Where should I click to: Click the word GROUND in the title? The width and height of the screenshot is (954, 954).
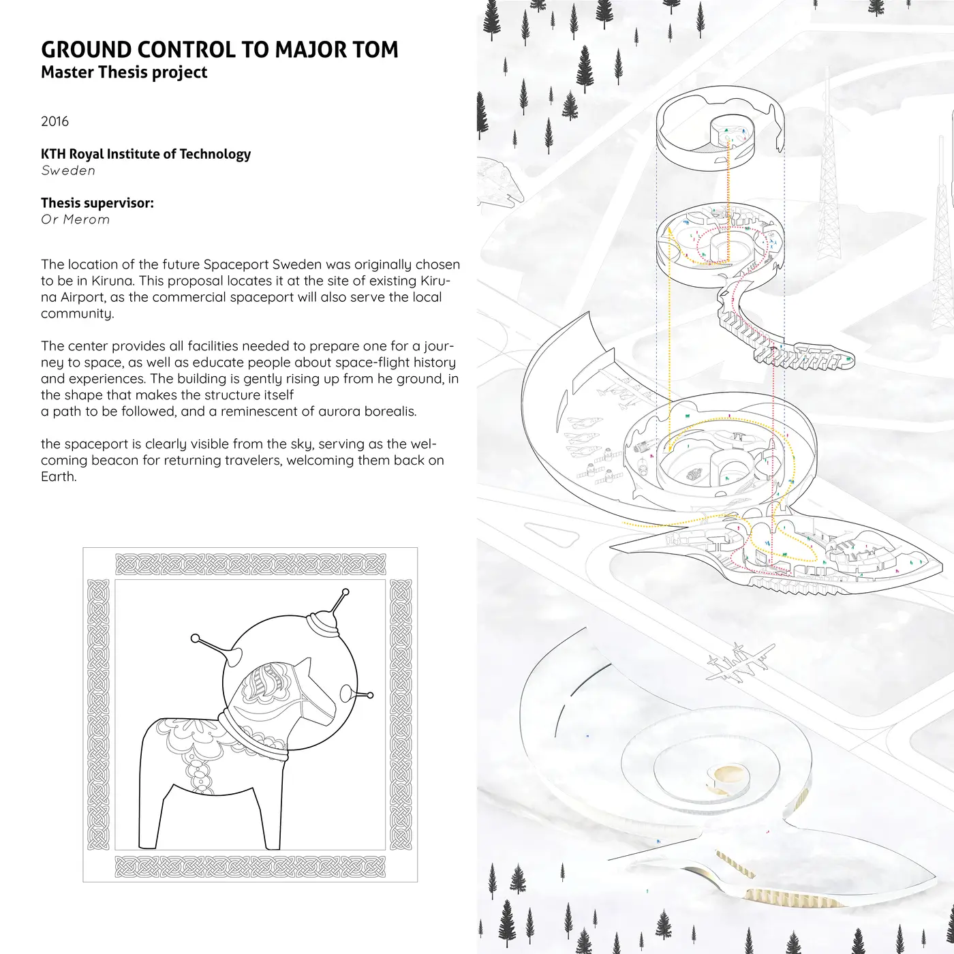(86, 50)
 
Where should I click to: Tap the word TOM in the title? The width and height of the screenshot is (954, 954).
(376, 50)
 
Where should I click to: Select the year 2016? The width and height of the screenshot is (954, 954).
(55, 121)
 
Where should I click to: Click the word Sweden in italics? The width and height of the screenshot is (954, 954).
(68, 170)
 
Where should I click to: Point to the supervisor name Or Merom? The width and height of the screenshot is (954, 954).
(75, 219)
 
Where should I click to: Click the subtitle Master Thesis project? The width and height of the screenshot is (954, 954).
(124, 72)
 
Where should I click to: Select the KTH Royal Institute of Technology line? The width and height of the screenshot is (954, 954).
(146, 154)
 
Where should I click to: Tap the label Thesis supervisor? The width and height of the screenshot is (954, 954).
(97, 203)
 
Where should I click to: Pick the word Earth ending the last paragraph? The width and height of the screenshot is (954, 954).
(59, 476)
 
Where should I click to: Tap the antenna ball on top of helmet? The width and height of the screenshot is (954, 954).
(345, 591)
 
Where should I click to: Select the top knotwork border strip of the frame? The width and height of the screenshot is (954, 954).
(251, 564)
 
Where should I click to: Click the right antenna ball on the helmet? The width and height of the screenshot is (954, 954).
(370, 695)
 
